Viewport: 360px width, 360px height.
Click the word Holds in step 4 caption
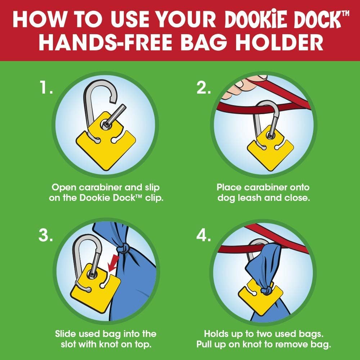(216, 334)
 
